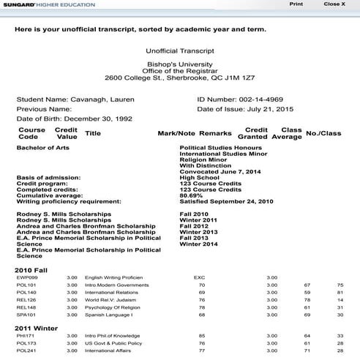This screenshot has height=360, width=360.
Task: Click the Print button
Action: (296, 4)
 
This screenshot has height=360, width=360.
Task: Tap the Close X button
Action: (334, 4)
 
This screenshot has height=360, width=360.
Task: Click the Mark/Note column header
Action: (176, 133)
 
